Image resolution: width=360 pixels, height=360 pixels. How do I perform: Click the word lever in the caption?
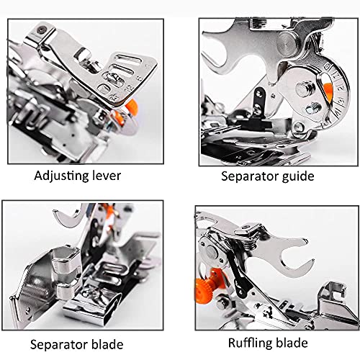coord(107,176)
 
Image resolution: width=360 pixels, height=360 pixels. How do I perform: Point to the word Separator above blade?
coord(55,345)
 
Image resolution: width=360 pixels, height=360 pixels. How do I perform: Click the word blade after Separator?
coord(104,344)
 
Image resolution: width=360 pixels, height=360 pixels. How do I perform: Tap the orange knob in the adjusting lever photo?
coord(132,106)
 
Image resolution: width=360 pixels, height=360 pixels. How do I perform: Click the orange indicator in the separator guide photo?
coord(328,89)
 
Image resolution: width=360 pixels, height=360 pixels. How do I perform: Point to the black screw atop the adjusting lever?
coord(42,30)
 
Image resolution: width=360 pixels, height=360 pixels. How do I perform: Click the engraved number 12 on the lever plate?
coord(130,87)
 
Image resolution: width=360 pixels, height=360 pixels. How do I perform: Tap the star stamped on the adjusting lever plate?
coord(112,97)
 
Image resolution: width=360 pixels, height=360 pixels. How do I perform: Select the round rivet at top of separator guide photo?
coord(287,41)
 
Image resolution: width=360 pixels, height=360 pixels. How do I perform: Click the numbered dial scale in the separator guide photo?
coord(341,92)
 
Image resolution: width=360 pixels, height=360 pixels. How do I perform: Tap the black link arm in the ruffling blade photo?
coord(238,276)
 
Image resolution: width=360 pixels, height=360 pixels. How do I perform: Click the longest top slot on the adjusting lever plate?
coord(127,60)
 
